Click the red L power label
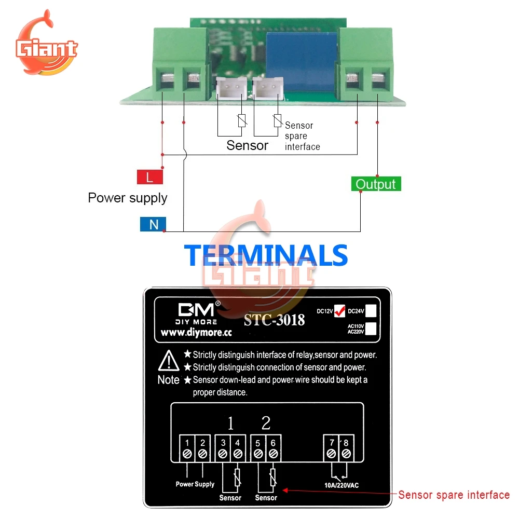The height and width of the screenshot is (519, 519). pos(149,177)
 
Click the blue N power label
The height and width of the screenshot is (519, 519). pos(153,224)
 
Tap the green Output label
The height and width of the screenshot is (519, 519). pos(376,184)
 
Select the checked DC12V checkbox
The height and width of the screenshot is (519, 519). pos(339,310)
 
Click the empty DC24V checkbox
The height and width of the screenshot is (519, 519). pos(371,310)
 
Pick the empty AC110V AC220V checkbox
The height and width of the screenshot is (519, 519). pos(371,330)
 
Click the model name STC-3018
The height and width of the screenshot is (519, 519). pos(274,320)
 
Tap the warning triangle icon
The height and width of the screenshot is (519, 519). pos(169,360)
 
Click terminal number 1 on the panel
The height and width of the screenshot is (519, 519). pos(187,443)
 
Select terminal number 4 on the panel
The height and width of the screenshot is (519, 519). pos(238,443)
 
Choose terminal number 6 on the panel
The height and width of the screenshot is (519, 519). pos(273,443)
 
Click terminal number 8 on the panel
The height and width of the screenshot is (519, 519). pos(346,443)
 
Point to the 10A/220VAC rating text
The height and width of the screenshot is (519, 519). pos(338,485)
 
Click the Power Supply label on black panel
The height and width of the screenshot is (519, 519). pos(195,484)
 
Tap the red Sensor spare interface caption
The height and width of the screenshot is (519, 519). pos(454,495)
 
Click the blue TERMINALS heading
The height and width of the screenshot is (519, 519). pos(266,255)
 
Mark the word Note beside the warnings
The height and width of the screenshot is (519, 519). pos(169,380)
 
